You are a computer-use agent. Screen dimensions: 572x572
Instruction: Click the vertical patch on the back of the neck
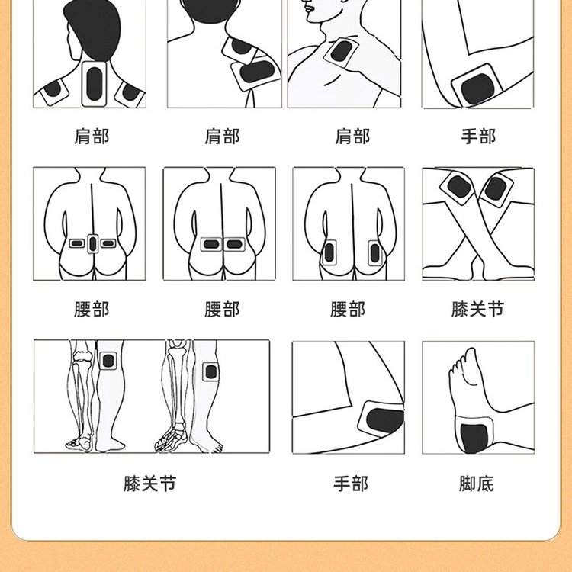pos(94,84)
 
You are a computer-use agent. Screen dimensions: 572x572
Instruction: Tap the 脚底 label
pos(477,484)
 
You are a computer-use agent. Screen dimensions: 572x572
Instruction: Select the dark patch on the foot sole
pos(474,438)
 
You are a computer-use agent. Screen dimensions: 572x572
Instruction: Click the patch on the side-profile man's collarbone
pos(342,52)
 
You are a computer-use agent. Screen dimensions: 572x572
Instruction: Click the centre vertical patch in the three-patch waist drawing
pos(92,244)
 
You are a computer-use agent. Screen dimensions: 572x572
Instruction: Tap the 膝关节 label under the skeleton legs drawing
pos(149,484)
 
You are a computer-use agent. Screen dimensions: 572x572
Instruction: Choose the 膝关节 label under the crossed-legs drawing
pos(477,310)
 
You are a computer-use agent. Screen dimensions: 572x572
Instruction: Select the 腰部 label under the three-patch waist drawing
pos(92,310)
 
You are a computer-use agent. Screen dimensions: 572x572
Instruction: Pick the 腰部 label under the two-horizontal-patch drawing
pos(222,310)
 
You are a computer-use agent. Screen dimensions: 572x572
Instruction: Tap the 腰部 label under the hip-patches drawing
pos(348,310)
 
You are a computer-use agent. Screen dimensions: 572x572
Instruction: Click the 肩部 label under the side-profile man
pos(352,137)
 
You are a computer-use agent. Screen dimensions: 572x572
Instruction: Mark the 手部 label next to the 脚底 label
pos(351,484)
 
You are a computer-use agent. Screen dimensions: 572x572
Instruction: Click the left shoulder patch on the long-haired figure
pos(54,91)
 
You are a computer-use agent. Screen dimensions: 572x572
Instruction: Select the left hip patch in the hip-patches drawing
pos(329,252)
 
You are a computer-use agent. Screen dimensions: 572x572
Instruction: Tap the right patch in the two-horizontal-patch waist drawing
pos(234,244)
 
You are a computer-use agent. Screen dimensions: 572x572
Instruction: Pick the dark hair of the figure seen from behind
pos(93,28)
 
